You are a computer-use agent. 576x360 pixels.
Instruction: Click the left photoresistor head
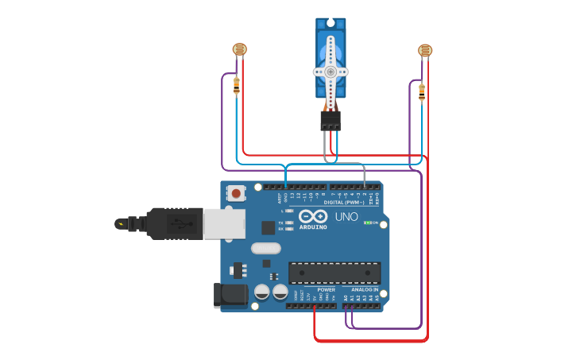click(x=239, y=49)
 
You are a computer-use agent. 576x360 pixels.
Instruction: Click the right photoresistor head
click(x=425, y=51)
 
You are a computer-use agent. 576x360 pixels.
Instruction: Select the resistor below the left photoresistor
click(x=237, y=85)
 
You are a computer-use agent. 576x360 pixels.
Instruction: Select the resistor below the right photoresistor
click(x=421, y=91)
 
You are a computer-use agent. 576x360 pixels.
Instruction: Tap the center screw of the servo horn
click(x=331, y=72)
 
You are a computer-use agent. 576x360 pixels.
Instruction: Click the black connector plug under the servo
click(x=331, y=121)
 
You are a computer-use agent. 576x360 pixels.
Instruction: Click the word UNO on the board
click(x=346, y=216)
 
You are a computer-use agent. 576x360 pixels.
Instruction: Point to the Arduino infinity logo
click(x=313, y=215)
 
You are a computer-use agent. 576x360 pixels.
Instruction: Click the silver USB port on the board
click(x=224, y=223)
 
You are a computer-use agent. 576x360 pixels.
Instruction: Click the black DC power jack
click(x=231, y=295)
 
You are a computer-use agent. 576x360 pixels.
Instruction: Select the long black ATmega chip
click(x=334, y=273)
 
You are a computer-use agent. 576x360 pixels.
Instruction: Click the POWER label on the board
click(x=326, y=290)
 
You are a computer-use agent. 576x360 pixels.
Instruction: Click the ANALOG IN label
click(x=365, y=290)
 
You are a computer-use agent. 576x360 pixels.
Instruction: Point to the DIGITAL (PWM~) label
click(x=350, y=202)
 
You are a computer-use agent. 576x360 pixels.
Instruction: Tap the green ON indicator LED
click(x=366, y=223)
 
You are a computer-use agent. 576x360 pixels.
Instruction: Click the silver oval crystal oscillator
click(x=266, y=248)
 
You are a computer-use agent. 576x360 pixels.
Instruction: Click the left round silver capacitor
click(x=261, y=292)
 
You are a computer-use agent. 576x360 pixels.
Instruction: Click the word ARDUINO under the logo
click(x=313, y=226)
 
